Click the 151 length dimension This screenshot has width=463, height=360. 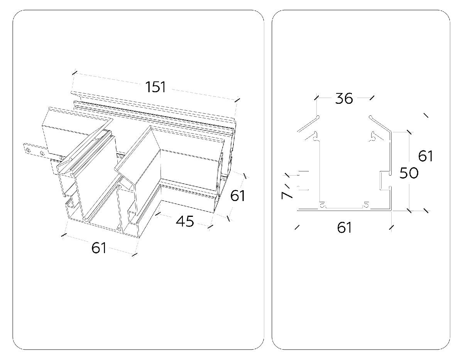click(155, 87)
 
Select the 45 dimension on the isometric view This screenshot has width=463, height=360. click(184, 221)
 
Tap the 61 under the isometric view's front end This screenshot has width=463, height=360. click(99, 248)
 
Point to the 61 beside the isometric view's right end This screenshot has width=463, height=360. click(238, 196)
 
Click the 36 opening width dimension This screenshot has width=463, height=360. click(344, 98)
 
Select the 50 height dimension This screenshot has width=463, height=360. click(408, 173)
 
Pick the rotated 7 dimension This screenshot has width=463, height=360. click(287, 194)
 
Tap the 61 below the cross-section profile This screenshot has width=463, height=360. click(344, 228)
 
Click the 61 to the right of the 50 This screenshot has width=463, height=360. click(426, 156)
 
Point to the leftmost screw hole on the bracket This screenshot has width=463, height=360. click(27, 148)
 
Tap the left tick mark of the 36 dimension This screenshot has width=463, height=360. click(317, 98)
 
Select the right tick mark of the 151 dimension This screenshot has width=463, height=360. click(237, 100)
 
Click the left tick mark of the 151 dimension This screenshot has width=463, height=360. click(75, 72)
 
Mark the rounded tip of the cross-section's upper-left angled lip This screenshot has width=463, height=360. click(318, 117)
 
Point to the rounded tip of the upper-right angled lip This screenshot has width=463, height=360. click(370, 117)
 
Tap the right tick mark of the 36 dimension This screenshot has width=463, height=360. click(372, 98)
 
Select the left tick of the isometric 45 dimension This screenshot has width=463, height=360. click(158, 212)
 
